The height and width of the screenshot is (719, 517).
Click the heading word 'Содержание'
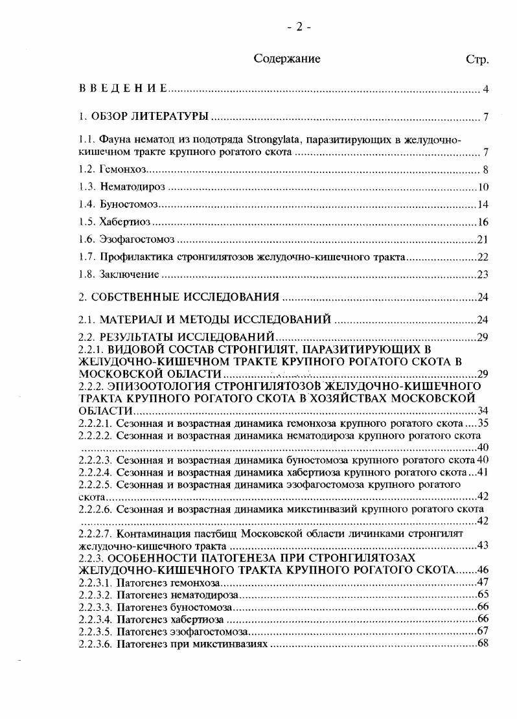point(287,59)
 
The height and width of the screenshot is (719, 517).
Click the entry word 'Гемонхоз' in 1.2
point(124,170)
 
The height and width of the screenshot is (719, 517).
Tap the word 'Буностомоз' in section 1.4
point(129,205)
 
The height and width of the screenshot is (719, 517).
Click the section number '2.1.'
point(87,318)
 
